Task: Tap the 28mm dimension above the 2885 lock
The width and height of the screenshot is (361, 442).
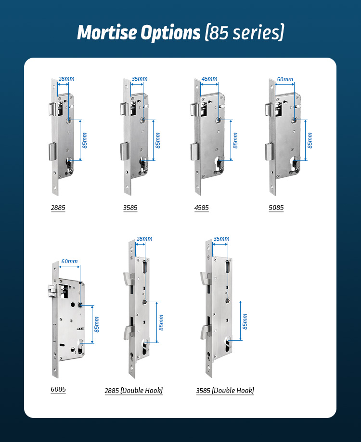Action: point(66,79)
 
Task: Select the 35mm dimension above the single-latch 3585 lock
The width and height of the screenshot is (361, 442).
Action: point(140,79)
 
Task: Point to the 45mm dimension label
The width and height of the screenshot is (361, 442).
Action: point(209,79)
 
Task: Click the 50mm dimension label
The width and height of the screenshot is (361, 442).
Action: point(285,79)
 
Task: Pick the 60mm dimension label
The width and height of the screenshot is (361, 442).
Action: point(69,261)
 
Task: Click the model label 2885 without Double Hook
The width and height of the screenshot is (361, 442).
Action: point(58,208)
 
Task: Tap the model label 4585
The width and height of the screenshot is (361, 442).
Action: point(201,208)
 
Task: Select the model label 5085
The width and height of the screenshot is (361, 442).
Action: point(276,208)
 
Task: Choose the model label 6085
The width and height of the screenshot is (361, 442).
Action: point(58,389)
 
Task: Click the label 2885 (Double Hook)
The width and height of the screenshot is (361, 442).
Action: point(134,391)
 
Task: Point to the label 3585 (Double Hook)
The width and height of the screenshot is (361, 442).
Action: point(225,391)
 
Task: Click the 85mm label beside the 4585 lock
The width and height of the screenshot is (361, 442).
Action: point(235,140)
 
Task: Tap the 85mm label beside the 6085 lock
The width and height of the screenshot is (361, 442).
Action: point(97,324)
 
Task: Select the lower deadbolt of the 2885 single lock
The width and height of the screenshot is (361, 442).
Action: point(52,151)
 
